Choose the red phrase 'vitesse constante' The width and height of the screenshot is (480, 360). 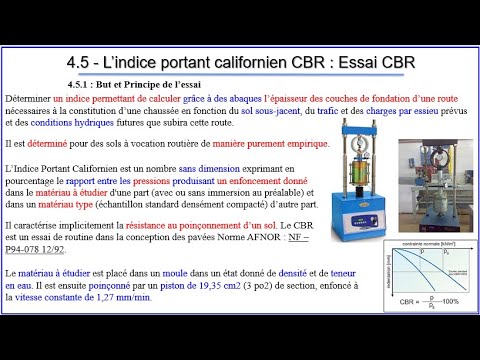pos(51,297)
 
